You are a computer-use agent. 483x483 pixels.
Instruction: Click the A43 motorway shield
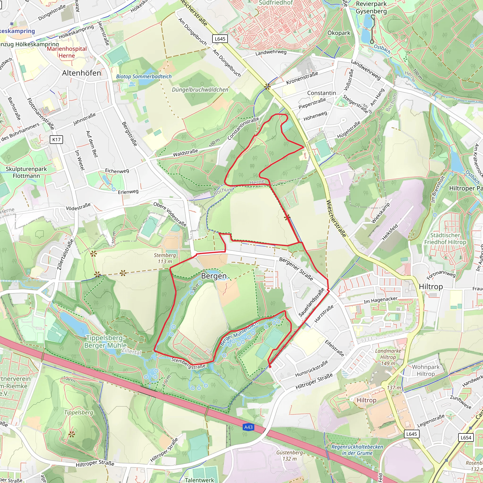pos(248,427)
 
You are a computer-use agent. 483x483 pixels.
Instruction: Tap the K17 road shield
pos(57,140)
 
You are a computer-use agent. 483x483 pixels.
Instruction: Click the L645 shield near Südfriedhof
pos(220,39)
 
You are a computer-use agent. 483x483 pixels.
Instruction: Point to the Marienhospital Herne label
pos(67,52)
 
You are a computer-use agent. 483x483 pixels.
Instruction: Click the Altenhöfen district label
pos(82,73)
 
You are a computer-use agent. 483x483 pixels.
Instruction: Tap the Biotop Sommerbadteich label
pos(144,76)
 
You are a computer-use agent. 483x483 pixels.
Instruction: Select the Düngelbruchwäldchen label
pos(200,89)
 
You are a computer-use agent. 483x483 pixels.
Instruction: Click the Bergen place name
pos(213,276)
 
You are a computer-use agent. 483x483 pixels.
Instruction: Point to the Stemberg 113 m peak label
pos(165,258)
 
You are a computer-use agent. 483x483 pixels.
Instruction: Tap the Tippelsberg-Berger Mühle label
pos(105,341)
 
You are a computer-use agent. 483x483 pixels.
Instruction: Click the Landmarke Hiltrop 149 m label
pos(388,357)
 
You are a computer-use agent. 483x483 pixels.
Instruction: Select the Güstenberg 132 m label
pos(290,455)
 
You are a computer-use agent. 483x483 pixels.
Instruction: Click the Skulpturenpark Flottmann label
pos(26,172)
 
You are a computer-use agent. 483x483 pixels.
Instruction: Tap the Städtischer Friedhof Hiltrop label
pos(445,238)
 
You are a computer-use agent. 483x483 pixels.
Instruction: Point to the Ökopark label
pos(339,33)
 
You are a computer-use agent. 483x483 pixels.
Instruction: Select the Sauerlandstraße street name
pos(311,302)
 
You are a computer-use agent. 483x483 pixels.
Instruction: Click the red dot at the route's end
pos(270,367)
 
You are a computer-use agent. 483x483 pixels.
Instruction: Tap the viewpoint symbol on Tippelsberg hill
pos(72,434)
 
